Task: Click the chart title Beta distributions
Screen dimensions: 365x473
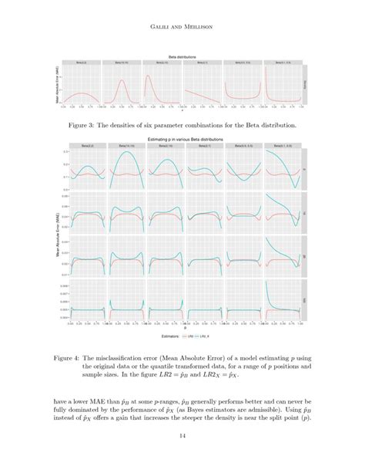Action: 182,56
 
